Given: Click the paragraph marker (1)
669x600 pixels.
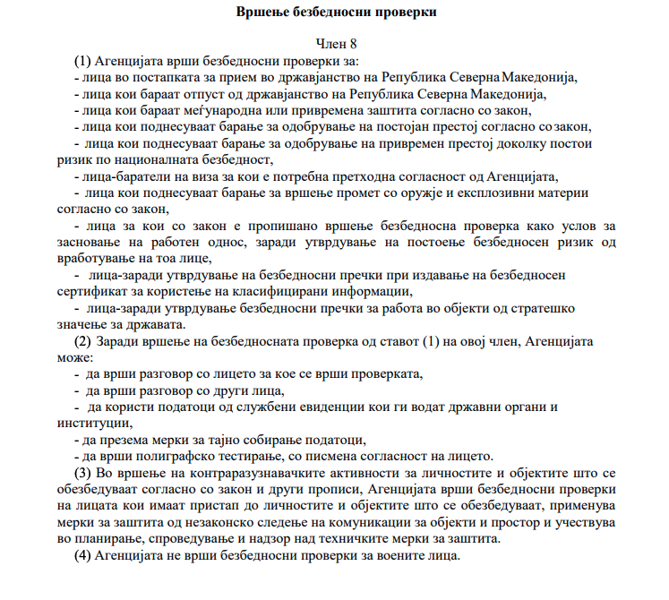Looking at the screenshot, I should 83,61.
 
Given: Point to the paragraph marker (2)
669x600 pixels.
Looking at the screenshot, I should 83,342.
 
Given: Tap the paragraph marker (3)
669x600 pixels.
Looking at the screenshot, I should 83,472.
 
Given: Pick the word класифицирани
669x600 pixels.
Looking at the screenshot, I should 279,291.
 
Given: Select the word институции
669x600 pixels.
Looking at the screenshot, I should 87,423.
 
